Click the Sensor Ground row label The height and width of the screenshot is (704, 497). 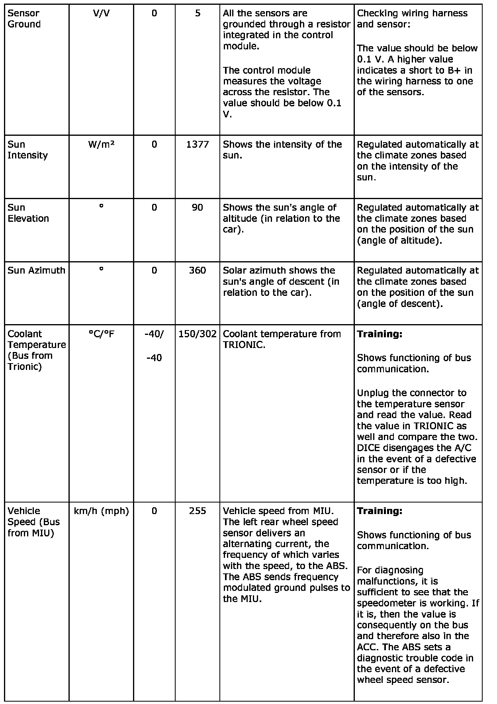(x=24, y=19)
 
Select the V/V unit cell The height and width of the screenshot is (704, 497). (x=101, y=13)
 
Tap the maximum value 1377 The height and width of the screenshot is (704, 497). (x=198, y=145)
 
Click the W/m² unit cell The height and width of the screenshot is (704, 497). (x=101, y=145)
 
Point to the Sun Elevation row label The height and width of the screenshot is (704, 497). (x=28, y=213)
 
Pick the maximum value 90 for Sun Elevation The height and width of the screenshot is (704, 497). (x=198, y=207)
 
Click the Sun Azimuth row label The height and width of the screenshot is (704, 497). (x=36, y=270)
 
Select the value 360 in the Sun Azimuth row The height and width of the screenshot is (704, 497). (x=198, y=270)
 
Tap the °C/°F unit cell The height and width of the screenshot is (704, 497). (x=101, y=334)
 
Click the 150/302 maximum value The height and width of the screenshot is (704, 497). (x=198, y=334)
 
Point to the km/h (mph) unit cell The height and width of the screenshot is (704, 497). (x=101, y=511)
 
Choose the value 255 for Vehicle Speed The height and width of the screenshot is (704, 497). (x=198, y=511)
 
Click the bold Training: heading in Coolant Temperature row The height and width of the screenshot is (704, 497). (x=380, y=334)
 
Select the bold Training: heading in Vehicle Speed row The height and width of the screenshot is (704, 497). (x=380, y=511)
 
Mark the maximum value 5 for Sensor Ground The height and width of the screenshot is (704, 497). (x=198, y=13)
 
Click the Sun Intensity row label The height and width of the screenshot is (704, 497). (x=27, y=150)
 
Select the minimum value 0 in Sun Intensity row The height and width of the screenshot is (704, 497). (x=154, y=145)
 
